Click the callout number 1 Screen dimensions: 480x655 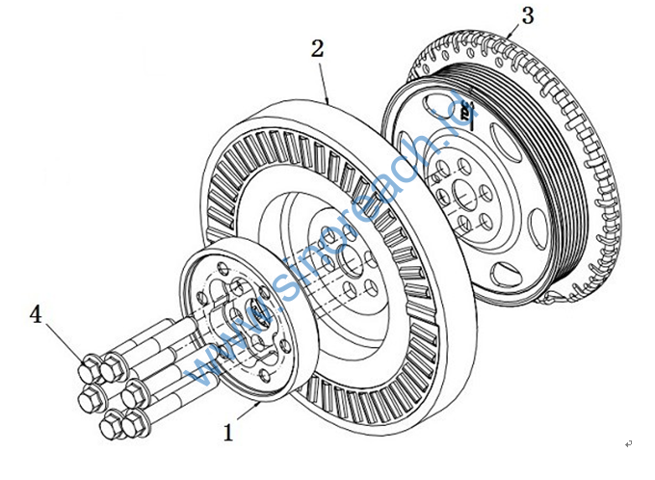pyautogui.click(x=228, y=433)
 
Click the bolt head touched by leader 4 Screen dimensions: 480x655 pyautogui.click(x=85, y=366)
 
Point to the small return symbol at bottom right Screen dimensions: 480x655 pyautogui.click(x=628, y=443)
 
